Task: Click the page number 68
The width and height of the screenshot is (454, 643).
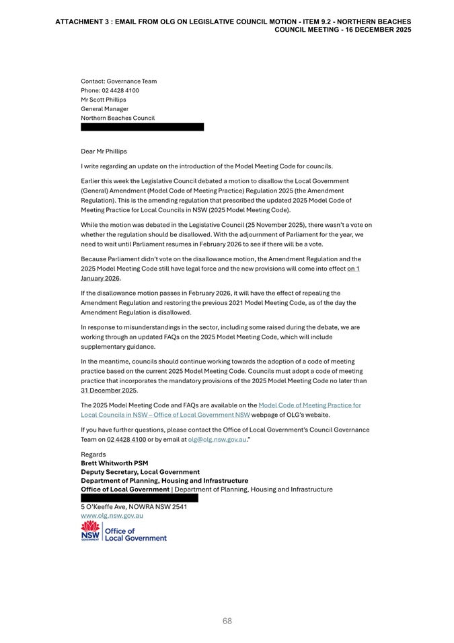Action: [x=227, y=621]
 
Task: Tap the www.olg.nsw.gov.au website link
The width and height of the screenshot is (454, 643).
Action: [x=112, y=516]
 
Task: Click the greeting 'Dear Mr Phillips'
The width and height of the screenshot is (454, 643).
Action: [x=104, y=151]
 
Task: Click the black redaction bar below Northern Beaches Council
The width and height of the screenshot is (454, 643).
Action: [x=142, y=127]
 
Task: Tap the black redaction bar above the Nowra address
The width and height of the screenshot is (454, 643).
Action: [x=139, y=498]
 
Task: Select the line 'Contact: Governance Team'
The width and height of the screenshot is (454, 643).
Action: [x=118, y=81]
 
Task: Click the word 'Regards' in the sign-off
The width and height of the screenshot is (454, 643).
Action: [x=93, y=454]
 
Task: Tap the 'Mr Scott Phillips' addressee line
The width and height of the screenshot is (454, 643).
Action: [x=103, y=100]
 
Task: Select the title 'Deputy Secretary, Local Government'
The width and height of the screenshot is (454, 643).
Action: [x=140, y=472]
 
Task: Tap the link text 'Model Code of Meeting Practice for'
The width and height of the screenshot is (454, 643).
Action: [x=309, y=405]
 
